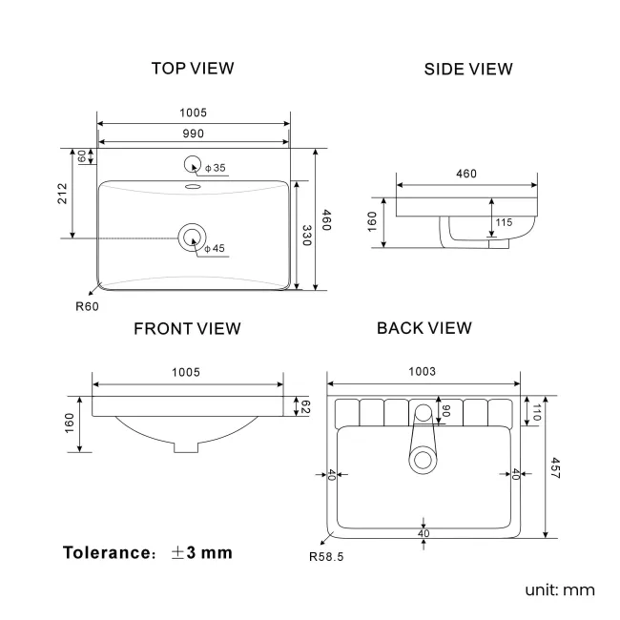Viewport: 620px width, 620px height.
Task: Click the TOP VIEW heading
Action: point(193,69)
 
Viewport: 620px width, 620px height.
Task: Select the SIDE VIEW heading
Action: point(468,69)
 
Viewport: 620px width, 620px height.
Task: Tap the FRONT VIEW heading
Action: point(187,329)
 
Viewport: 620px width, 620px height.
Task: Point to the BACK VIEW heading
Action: point(424,328)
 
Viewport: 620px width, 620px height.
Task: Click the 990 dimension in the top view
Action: point(194,133)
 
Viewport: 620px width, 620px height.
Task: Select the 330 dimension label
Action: point(307,236)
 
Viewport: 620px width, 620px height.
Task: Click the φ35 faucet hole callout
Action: point(215,168)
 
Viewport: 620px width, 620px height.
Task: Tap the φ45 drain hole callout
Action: point(214,248)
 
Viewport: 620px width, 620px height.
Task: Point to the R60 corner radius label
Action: point(87,307)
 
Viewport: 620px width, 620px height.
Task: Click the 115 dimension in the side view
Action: point(504,222)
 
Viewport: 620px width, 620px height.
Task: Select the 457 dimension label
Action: point(557,468)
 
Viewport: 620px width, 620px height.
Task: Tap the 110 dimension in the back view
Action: point(536,412)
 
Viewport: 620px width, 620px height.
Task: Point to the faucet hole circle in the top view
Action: point(193,165)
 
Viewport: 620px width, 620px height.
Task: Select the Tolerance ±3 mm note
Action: point(148,552)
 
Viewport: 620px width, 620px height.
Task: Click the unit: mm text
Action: point(559,589)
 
